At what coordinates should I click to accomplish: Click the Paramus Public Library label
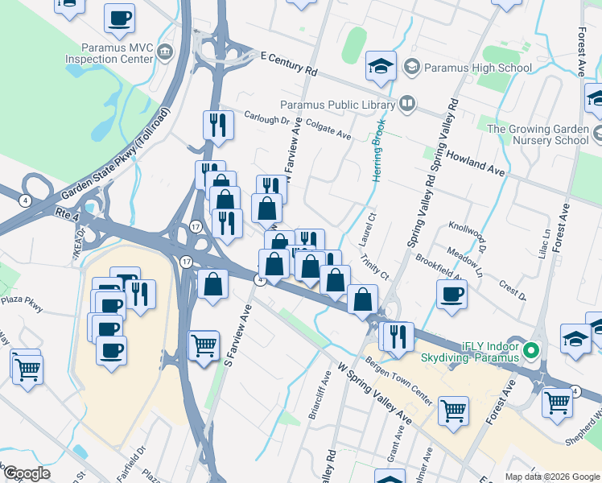(x=337, y=104)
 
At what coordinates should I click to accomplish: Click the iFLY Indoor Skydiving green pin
(x=530, y=350)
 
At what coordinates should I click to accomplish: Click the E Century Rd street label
(x=288, y=63)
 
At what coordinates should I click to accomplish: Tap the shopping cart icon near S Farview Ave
(x=204, y=346)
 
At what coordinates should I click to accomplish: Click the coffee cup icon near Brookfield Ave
(x=452, y=293)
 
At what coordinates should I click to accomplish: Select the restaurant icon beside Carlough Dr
(x=217, y=125)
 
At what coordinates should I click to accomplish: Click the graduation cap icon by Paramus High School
(x=381, y=67)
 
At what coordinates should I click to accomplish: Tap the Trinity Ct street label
(x=375, y=269)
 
